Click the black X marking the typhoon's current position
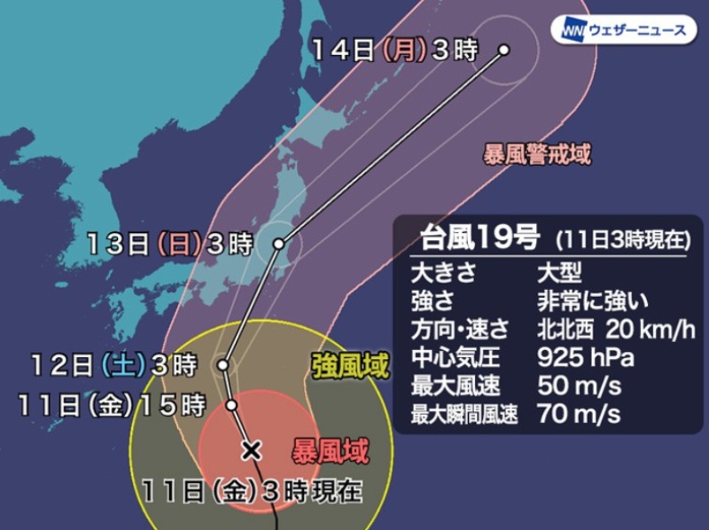(252, 450)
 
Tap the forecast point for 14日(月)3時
(503, 51)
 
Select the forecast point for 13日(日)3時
(279, 243)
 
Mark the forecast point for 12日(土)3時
(224, 363)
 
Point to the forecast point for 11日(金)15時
(231, 405)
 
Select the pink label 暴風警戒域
(536, 153)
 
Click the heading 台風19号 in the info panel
(476, 238)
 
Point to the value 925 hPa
(579, 358)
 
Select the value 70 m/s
(579, 413)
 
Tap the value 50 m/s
(579, 386)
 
